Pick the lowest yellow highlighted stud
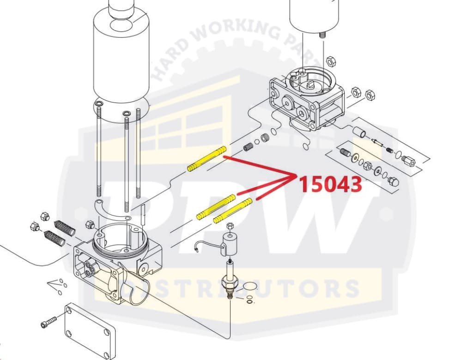233,210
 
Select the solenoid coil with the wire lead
230,244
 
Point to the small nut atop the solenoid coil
231,226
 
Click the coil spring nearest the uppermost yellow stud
249,148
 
